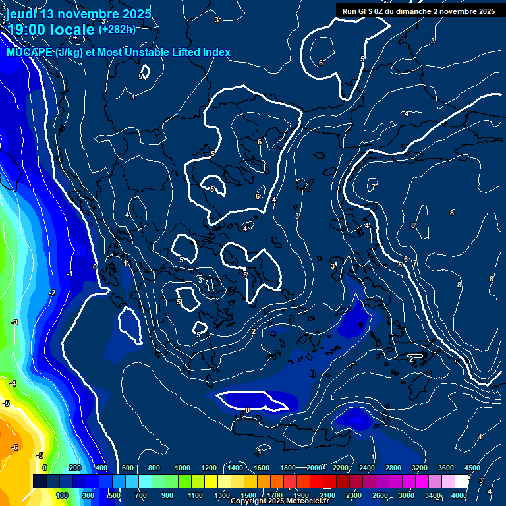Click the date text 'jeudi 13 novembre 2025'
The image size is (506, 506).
point(78,14)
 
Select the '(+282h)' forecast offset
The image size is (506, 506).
point(117,29)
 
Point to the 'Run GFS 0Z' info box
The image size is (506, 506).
point(419,11)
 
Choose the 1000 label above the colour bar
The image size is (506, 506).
point(183,468)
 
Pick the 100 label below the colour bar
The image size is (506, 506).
point(63,495)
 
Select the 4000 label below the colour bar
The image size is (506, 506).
point(459,495)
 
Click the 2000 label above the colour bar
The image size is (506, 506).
point(314,468)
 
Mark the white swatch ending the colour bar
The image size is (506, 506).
point(461,482)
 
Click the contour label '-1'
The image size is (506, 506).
point(69,274)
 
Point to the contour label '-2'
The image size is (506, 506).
point(51,293)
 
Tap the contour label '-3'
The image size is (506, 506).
point(14,322)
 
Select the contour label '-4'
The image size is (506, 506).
point(12,383)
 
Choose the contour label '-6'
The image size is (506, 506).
point(14,447)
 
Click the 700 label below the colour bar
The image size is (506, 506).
point(140,495)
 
